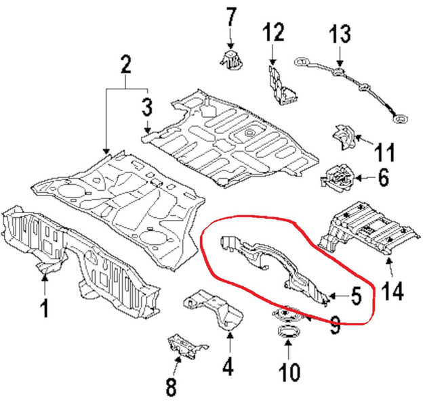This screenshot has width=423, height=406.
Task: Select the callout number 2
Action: (x=125, y=66)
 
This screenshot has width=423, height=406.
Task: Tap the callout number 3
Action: (x=147, y=107)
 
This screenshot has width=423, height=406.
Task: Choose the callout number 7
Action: (x=230, y=16)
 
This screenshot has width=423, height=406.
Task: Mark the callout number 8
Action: (x=171, y=387)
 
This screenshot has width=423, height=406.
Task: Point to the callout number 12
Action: (x=275, y=31)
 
